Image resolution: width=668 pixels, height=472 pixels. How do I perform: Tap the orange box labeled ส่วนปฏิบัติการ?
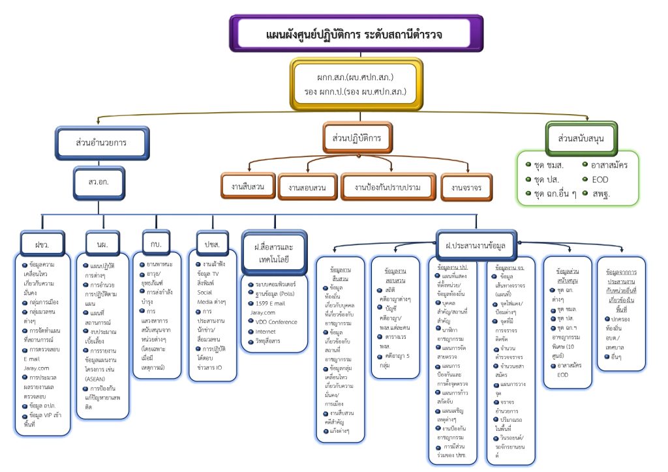click(357, 138)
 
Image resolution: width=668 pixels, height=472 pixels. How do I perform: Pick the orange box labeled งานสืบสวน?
click(247, 187)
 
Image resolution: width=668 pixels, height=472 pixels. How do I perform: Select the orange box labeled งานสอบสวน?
click(307, 188)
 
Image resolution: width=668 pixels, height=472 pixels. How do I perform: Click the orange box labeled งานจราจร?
click(466, 188)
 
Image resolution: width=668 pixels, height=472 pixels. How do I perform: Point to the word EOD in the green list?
click(600, 179)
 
